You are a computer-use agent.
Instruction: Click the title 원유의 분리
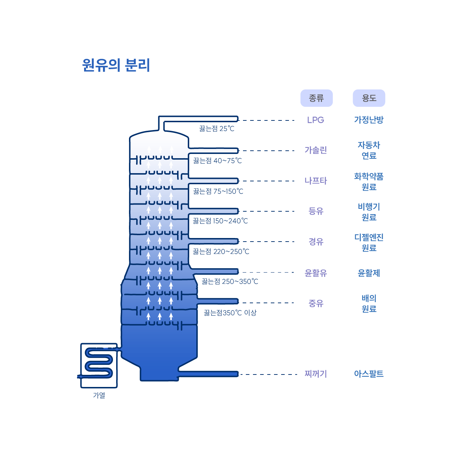coord(116,65)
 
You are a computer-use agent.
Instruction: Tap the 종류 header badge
coord(316,98)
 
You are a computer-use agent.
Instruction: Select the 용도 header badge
coord(369,98)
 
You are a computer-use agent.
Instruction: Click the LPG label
coord(315,120)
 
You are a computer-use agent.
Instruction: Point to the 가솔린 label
coord(315,150)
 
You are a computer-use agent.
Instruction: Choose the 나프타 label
coord(315,181)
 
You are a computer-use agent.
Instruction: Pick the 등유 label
coord(316,211)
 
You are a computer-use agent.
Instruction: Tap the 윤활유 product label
coord(316,273)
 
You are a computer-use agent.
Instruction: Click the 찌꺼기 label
coord(316,374)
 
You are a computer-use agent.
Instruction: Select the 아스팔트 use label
coord(369,374)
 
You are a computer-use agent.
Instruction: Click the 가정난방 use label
coord(369,120)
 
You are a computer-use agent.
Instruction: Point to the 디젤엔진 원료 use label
coord(369,242)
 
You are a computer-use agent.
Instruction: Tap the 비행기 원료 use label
coord(369,212)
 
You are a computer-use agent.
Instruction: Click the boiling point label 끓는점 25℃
coord(217,129)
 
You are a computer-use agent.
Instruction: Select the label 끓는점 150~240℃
coord(220,221)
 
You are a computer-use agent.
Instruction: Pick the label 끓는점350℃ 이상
coord(230,313)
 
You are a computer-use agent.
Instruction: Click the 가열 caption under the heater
coord(99,396)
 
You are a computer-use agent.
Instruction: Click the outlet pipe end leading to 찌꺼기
coord(236,374)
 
